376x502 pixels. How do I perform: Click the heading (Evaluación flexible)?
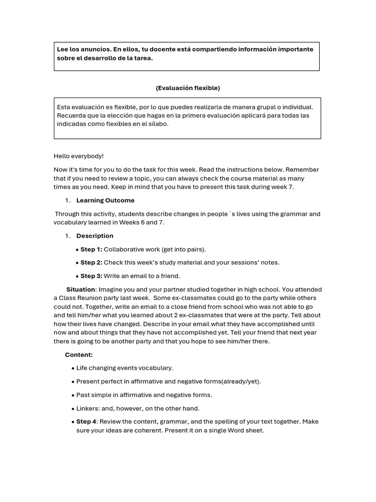tap(188, 88)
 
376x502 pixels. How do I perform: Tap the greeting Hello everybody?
tap(78, 156)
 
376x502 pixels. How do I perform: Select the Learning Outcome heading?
tap(105, 201)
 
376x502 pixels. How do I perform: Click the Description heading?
tap(94, 236)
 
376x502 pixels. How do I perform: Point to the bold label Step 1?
tap(91, 250)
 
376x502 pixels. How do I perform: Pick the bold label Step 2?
tap(91, 263)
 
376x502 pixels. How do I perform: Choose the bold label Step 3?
tap(91, 276)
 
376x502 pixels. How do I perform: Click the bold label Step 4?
tap(86, 422)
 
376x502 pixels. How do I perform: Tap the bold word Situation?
tap(81, 290)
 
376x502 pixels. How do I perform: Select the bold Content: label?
tap(79, 355)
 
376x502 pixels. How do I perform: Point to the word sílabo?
tap(157, 125)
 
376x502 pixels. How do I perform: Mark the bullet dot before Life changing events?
tap(73, 368)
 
